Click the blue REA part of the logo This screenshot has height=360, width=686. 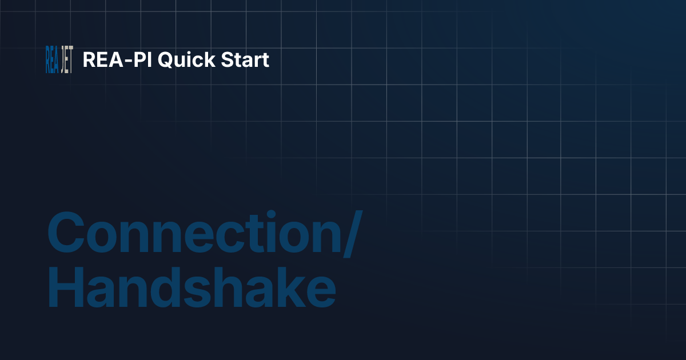(52, 59)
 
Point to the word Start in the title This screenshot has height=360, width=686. (243, 60)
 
